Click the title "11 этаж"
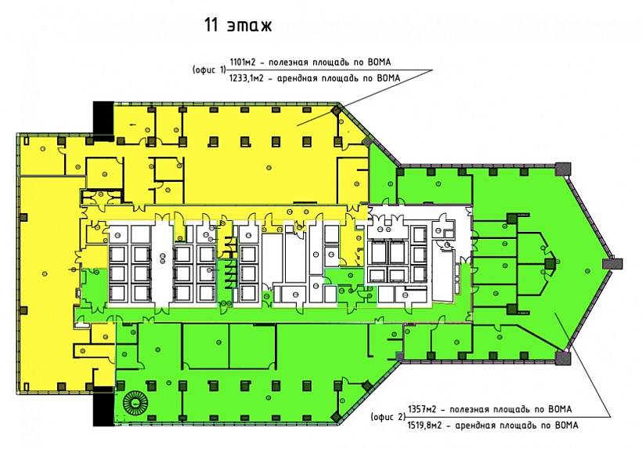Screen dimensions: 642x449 238,25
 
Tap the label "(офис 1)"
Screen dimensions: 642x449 209,70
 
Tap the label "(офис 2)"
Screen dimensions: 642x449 388,417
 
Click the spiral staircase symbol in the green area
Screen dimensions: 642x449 135,403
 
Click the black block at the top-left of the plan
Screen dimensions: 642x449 103,118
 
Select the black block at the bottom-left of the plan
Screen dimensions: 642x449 103,406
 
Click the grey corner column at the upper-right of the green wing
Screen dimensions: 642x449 563,168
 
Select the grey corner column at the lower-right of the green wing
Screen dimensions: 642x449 563,358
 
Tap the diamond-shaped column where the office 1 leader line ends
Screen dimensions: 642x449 337,110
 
